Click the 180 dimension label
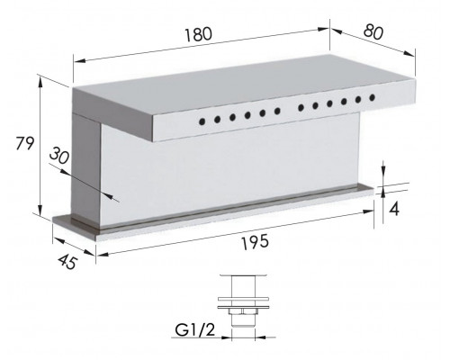pyautogui.click(x=198, y=34)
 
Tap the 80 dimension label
pyautogui.click(x=373, y=31)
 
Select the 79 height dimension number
pyautogui.click(x=25, y=143)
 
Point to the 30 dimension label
pyautogui.click(x=59, y=156)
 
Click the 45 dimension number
pyautogui.click(x=67, y=262)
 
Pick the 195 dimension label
pyautogui.click(x=255, y=242)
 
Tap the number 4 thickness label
pyautogui.click(x=394, y=209)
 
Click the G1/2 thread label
pyautogui.click(x=195, y=330)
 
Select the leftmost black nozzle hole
pyautogui.click(x=202, y=121)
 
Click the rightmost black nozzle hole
pyautogui.click(x=373, y=97)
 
